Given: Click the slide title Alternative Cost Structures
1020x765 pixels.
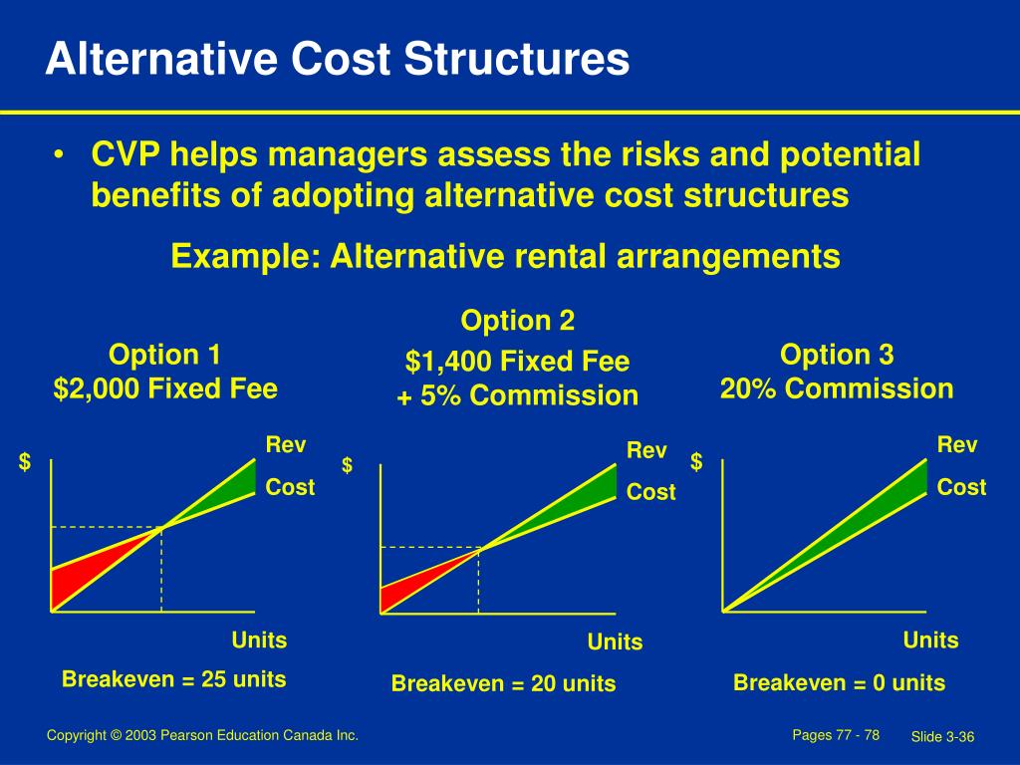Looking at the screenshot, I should tap(337, 59).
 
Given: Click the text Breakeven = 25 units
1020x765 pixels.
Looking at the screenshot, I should tap(174, 679).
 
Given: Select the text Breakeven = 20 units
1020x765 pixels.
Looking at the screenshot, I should tap(503, 684).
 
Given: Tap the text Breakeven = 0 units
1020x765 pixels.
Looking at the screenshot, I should tap(839, 683).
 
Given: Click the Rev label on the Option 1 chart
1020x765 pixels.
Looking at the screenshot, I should tap(286, 445).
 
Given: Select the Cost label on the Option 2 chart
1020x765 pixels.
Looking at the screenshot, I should tap(651, 492).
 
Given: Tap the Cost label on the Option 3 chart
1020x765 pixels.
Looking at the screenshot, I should tap(961, 487).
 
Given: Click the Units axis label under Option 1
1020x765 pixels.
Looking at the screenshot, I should tap(259, 639).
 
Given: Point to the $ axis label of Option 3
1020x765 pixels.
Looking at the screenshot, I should tap(697, 462).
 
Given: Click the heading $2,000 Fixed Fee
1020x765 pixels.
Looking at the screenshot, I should tap(165, 388).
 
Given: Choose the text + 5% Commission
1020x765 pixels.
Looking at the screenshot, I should tap(517, 395).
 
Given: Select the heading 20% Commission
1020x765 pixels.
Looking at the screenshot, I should tap(837, 388).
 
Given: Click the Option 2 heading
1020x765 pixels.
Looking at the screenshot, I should tap(517, 321).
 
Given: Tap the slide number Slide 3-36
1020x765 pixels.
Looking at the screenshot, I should tap(941, 736).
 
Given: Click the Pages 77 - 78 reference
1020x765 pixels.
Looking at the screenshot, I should tap(835, 735).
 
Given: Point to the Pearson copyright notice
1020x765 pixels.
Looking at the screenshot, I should tap(202, 735).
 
